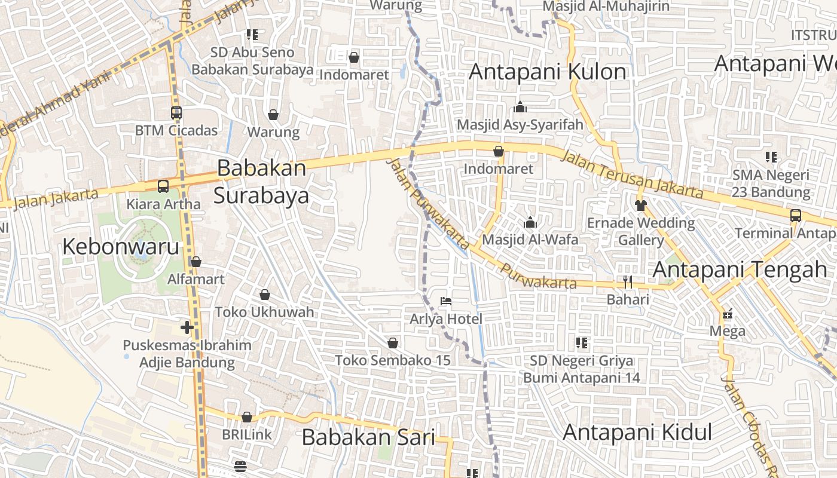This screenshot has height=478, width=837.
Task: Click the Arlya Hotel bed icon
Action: [x=445, y=301]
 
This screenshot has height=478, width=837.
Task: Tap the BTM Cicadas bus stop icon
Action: [x=176, y=112]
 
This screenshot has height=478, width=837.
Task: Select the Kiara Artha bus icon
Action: [x=163, y=186]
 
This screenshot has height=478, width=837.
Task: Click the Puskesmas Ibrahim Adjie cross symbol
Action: [x=187, y=327]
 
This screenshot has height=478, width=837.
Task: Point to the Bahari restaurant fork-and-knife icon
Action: [x=627, y=281]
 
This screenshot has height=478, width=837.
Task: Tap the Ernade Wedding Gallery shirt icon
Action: [x=641, y=206]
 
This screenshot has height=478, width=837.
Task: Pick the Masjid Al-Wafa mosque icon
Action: [x=530, y=222]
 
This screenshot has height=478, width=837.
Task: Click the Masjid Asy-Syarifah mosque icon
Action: [x=520, y=107]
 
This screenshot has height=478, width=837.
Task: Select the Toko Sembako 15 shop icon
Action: [x=393, y=343]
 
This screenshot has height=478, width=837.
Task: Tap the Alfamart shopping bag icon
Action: [x=195, y=262]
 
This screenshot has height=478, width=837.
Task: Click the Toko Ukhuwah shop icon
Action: [x=264, y=295]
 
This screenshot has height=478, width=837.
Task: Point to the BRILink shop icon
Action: [x=246, y=417]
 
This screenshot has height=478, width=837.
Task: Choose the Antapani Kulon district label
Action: [x=548, y=72]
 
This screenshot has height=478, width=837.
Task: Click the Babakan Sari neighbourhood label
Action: [x=368, y=437]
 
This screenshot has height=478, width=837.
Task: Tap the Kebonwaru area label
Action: [x=121, y=246]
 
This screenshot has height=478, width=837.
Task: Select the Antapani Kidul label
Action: [x=637, y=432]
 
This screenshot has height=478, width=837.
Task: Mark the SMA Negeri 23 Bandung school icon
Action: [x=771, y=157]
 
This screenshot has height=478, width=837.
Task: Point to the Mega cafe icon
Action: [x=728, y=314]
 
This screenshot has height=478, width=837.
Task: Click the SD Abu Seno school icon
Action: [x=252, y=35]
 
